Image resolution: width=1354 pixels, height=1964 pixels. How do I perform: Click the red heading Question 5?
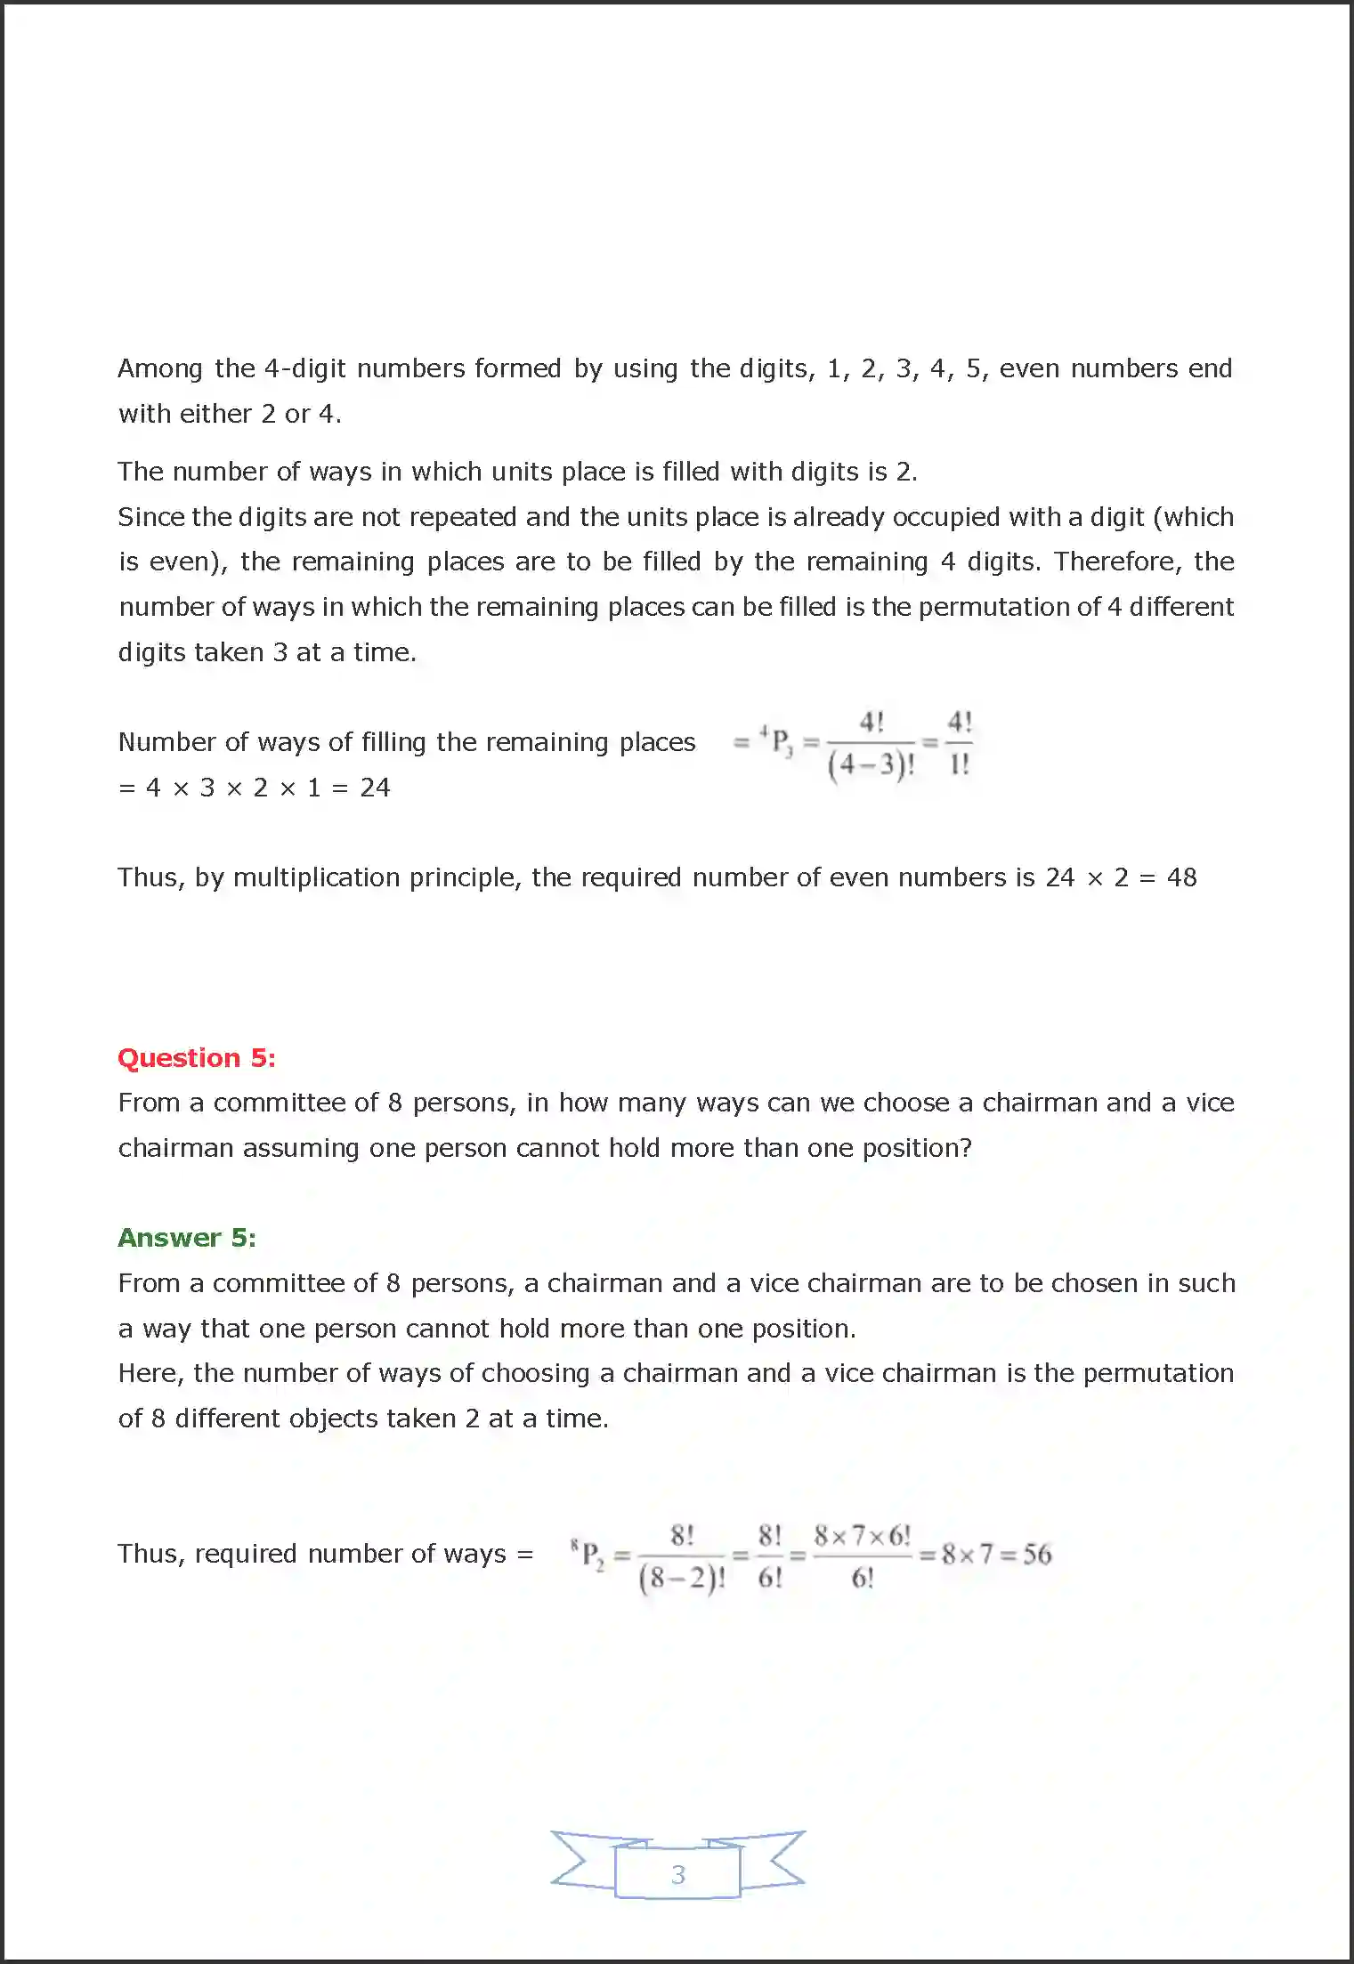tap(197, 1057)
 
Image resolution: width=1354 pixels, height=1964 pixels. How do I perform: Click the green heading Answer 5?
tap(187, 1237)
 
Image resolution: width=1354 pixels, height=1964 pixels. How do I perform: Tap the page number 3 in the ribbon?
tap(678, 1874)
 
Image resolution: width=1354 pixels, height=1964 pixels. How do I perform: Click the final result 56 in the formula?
tap(1037, 1554)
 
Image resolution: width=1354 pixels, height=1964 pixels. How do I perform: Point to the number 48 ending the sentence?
tap(1181, 877)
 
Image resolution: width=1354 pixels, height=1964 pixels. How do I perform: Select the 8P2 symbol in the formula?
tap(588, 1555)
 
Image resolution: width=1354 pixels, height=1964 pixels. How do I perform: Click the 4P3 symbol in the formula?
tap(777, 741)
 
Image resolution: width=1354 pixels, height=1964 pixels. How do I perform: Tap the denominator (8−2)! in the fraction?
tap(682, 1578)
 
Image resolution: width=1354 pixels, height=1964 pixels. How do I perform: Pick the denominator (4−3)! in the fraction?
tap(871, 764)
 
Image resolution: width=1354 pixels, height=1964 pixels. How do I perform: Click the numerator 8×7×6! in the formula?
tap(862, 1535)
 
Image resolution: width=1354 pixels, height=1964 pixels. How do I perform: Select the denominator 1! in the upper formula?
tap(959, 764)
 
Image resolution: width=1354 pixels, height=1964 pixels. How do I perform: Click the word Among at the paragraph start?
tap(160, 368)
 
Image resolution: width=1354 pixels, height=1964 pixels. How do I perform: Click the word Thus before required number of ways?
tap(145, 1554)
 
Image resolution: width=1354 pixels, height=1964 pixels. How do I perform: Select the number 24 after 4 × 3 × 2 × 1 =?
tap(375, 788)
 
